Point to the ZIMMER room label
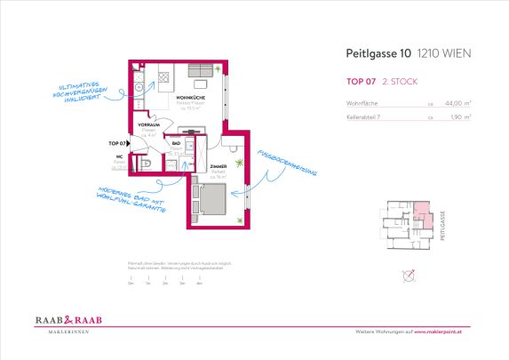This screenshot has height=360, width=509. [x=219, y=166]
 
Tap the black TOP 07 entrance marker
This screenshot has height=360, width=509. [x=119, y=142]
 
